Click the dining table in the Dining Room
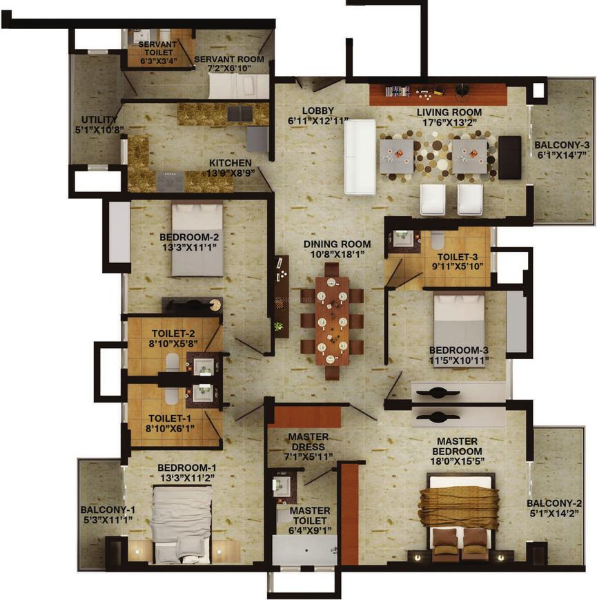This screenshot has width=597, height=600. click(332, 320)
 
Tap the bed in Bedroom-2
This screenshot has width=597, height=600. click(197, 240)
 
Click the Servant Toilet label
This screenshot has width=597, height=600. click(157, 48)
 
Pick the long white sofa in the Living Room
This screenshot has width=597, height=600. click(360, 157)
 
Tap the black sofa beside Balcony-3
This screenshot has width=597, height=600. click(509, 157)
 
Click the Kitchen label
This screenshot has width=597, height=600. click(230, 163)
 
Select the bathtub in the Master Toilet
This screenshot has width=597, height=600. click(304, 550)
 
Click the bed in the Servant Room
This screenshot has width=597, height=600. click(239, 86)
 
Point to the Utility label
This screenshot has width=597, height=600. click(99, 119)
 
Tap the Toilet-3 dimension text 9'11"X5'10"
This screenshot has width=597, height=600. click(458, 267)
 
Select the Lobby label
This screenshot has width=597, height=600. click(317, 110)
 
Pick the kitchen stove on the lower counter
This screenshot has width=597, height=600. click(170, 182)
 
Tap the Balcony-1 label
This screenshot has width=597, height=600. click(108, 510)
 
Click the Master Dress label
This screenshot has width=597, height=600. click(309, 442)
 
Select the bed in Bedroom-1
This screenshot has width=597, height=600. click(182, 525)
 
